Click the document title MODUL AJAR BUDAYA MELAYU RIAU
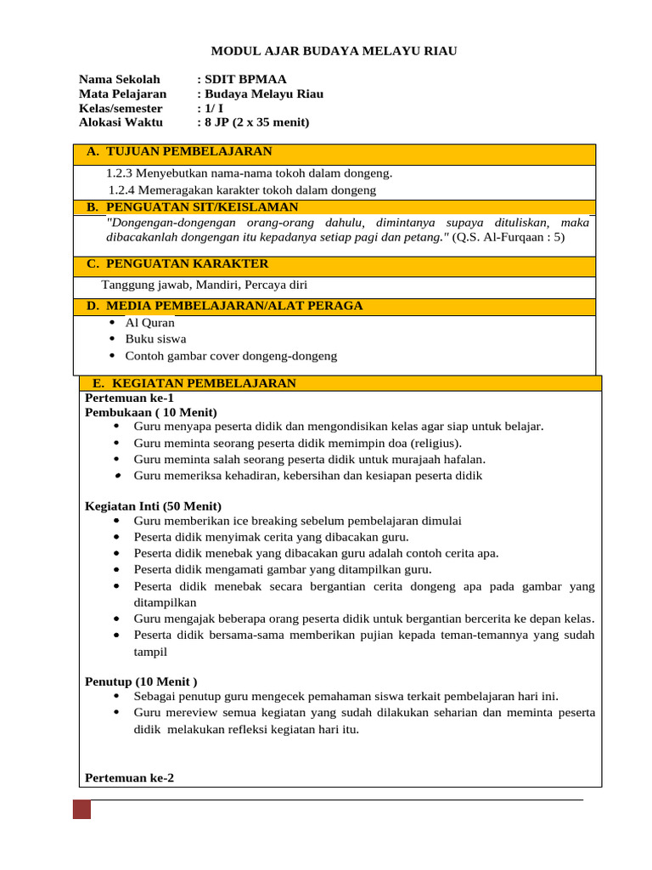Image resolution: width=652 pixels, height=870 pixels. click(x=333, y=51)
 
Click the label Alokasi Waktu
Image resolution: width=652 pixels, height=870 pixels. click(x=121, y=122)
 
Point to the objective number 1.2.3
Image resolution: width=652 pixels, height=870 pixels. click(x=120, y=172)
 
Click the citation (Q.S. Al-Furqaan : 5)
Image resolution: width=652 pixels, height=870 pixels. click(x=509, y=238)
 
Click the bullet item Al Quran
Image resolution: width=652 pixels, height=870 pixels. click(x=150, y=322)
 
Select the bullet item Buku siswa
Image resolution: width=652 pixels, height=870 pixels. click(x=155, y=338)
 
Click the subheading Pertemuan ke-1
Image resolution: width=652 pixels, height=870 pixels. click(x=129, y=397)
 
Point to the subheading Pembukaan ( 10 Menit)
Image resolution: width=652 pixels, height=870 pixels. click(x=139, y=411)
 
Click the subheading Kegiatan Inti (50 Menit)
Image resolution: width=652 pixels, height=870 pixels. click(x=153, y=506)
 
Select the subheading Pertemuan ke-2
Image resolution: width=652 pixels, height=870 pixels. click(x=129, y=777)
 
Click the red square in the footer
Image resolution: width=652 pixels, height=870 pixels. click(x=81, y=809)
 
